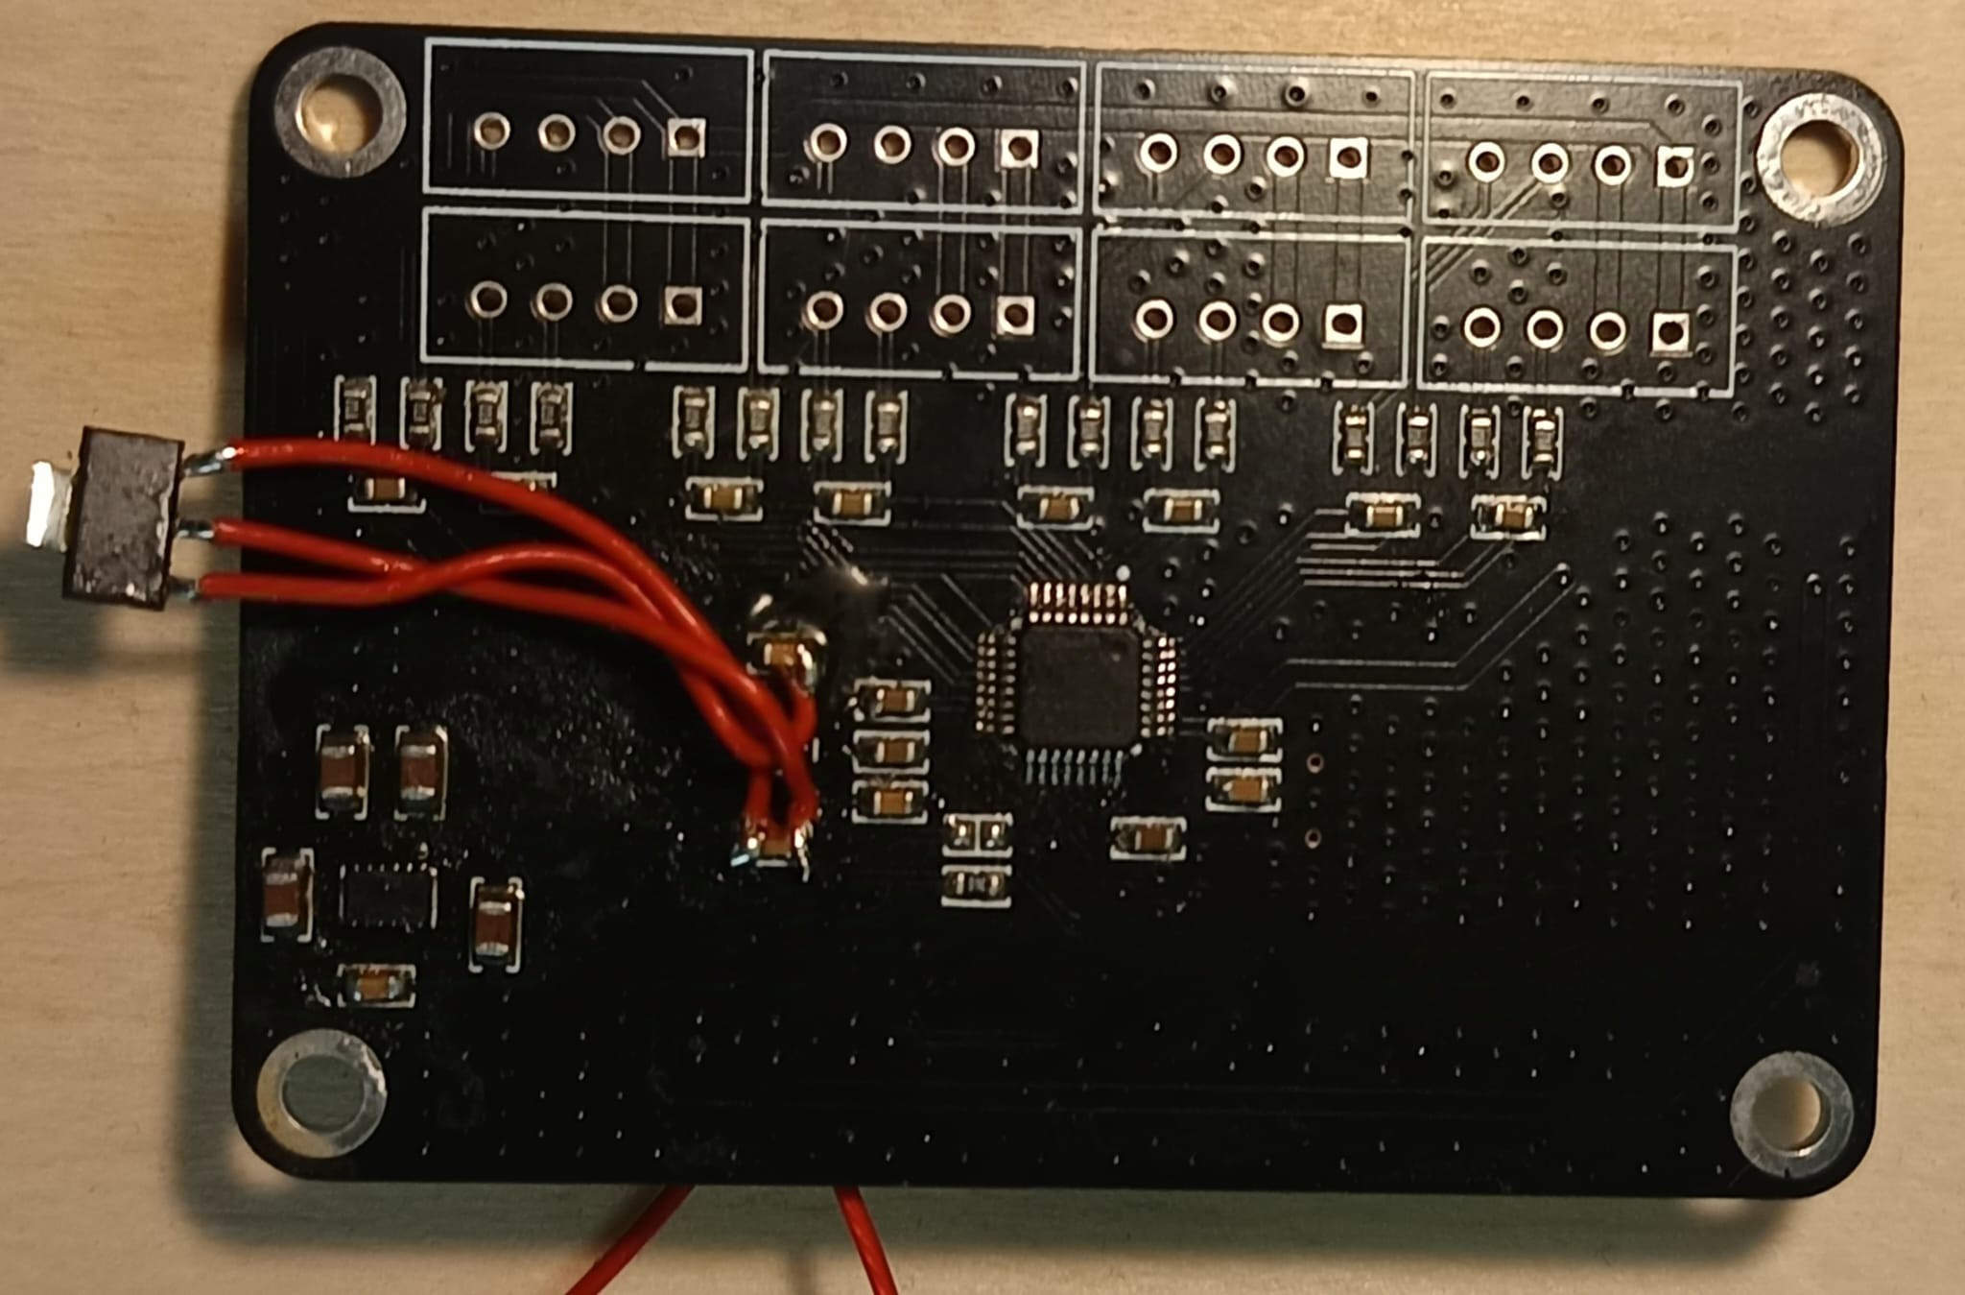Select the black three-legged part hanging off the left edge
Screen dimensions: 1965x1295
(x=122, y=518)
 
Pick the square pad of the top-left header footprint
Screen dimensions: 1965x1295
(x=685, y=137)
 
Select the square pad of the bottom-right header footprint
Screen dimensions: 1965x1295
(x=1669, y=332)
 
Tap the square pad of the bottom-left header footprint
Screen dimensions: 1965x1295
(x=681, y=304)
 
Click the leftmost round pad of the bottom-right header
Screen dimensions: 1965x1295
(x=1481, y=326)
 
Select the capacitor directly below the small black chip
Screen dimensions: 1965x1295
(x=377, y=985)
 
